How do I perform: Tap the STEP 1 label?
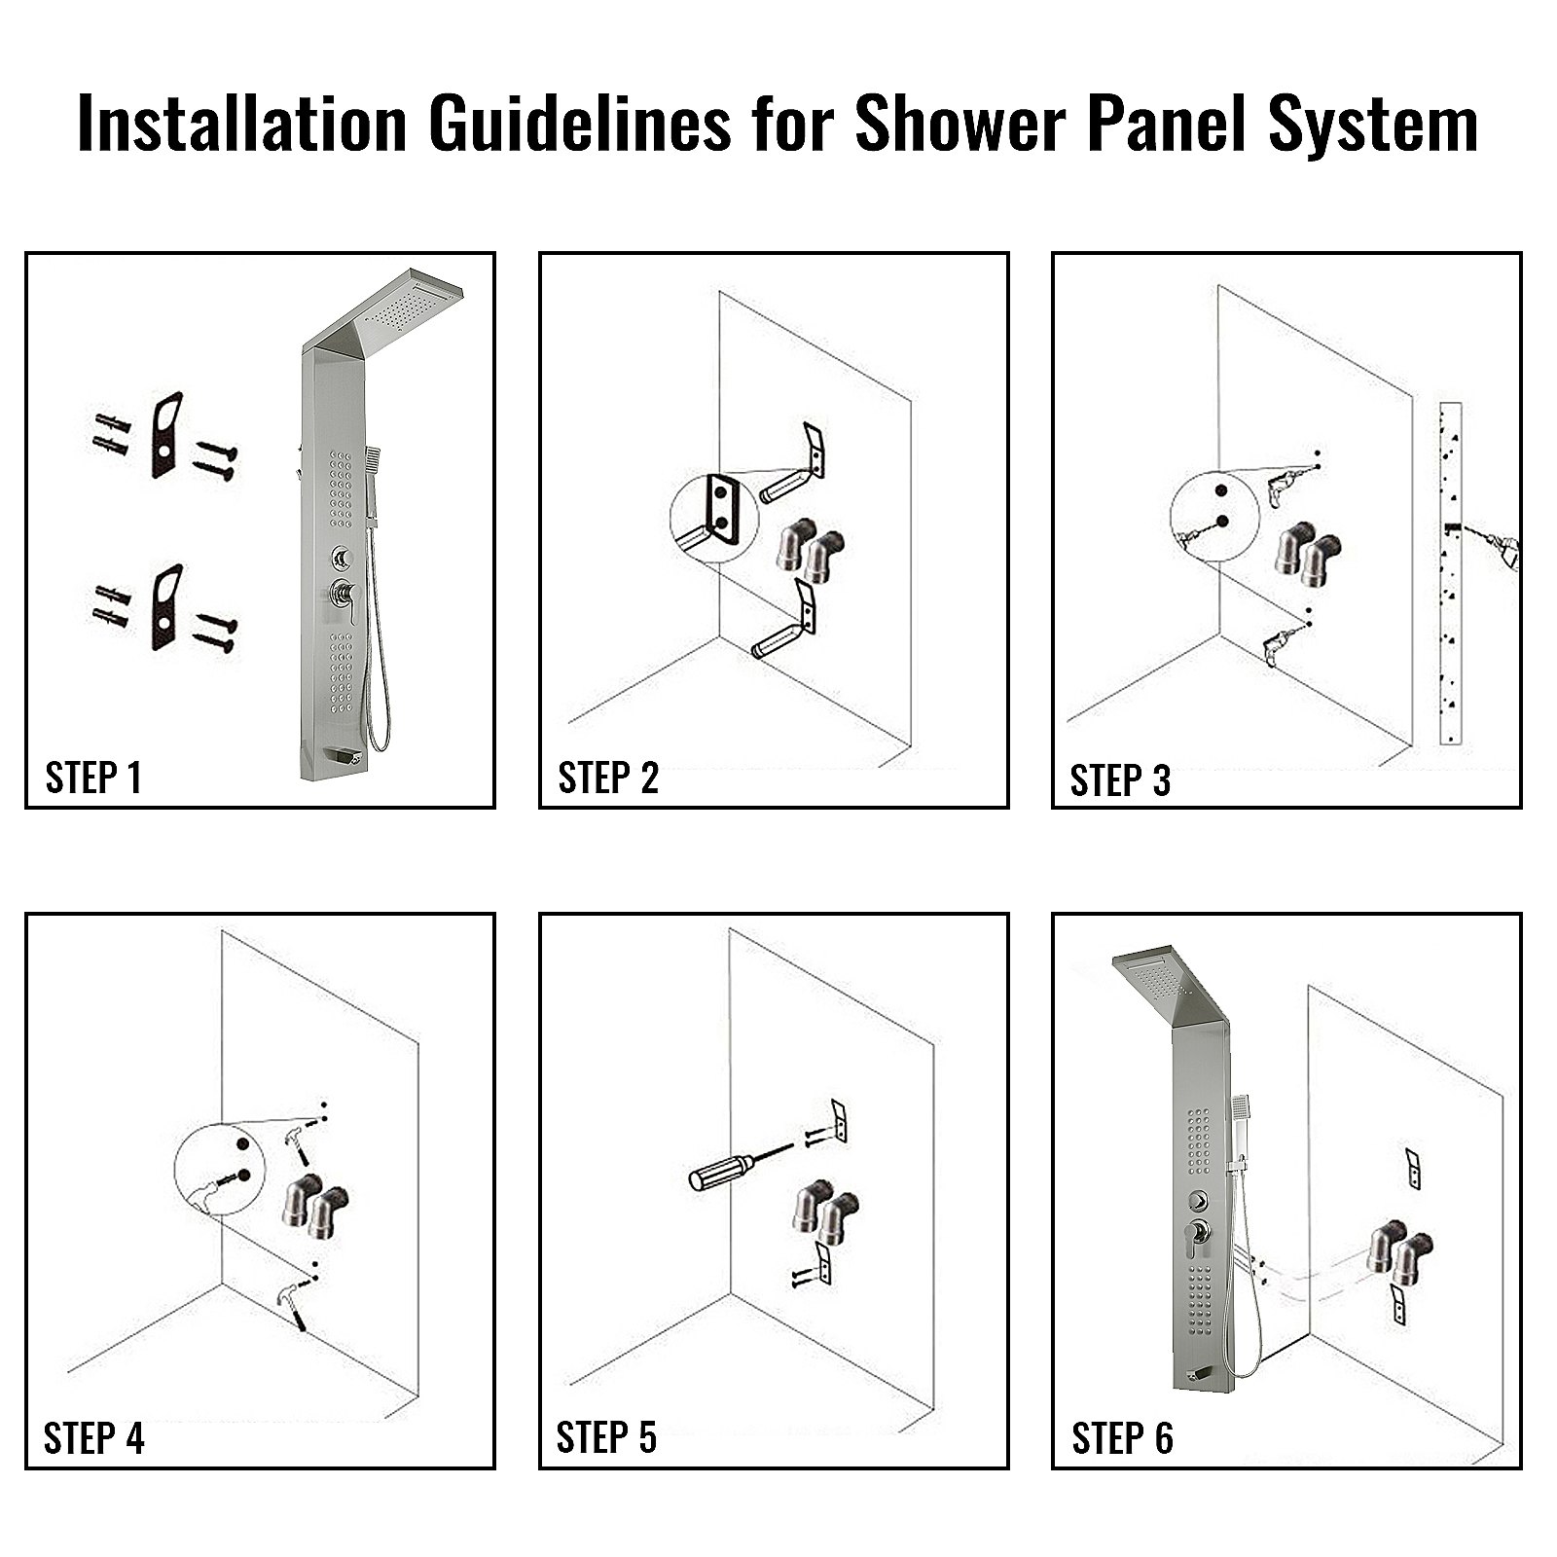coord(93,778)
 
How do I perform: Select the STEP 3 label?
coord(1120,780)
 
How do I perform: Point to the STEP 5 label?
coord(606,1437)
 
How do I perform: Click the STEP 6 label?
coord(1122,1438)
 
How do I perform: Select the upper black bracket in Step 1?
coord(166,434)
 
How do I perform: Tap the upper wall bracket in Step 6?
coord(1412,1166)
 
